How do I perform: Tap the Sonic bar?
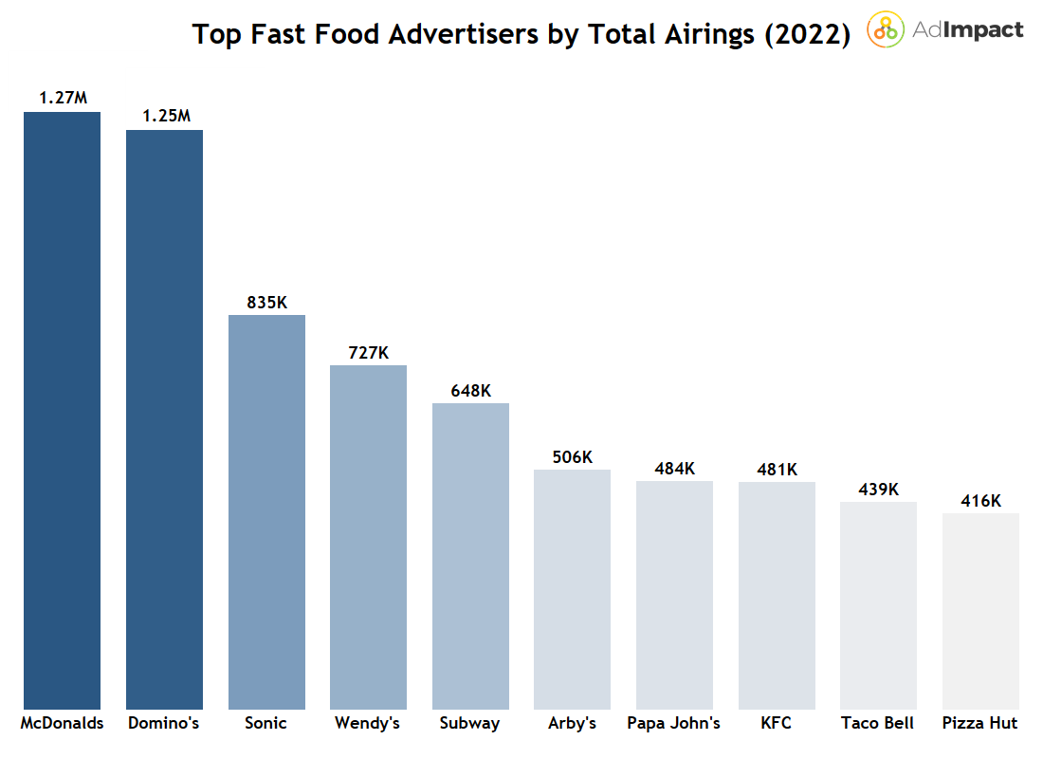[x=266, y=511]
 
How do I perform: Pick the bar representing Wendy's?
[x=368, y=537]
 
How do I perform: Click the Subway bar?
[x=470, y=556]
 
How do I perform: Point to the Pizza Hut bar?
[x=980, y=611]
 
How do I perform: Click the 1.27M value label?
[x=63, y=98]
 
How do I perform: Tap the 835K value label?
[x=266, y=303]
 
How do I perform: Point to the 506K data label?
[x=573, y=457]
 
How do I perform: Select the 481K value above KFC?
[x=777, y=470]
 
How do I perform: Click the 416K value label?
[x=980, y=501]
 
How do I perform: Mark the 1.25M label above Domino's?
[x=166, y=116]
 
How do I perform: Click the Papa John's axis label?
[x=673, y=723]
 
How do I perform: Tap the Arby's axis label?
[x=572, y=723]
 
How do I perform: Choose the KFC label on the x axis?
[x=776, y=723]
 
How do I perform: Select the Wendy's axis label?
[x=367, y=723]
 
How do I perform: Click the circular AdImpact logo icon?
[x=886, y=29]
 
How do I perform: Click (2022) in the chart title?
[x=805, y=35]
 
